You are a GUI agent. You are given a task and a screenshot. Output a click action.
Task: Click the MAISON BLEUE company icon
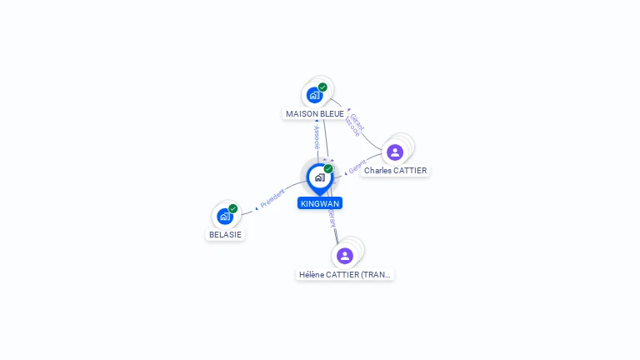[x=314, y=94]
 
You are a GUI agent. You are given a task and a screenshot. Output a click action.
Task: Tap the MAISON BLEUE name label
[x=315, y=113]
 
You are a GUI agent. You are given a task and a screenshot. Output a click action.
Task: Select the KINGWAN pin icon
[x=319, y=177]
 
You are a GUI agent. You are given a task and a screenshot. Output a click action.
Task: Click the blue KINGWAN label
[x=320, y=203]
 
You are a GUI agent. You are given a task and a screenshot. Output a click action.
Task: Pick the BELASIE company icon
[x=224, y=216]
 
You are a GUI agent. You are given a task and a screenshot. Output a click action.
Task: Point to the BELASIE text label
[x=225, y=235]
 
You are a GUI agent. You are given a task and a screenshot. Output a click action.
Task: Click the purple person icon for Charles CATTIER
[x=395, y=152]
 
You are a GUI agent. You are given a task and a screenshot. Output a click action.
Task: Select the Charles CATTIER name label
[x=395, y=171]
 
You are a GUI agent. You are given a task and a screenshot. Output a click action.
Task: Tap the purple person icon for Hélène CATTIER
[x=345, y=255]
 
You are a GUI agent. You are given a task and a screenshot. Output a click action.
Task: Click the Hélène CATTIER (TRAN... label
[x=345, y=274]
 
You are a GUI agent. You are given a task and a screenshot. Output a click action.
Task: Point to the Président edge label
[x=272, y=198]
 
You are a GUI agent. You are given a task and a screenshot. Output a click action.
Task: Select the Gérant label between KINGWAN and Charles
[x=357, y=167]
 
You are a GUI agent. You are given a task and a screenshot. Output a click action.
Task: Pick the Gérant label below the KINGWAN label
[x=332, y=218]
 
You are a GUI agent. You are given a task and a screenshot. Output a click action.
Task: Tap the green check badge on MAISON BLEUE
[x=322, y=87]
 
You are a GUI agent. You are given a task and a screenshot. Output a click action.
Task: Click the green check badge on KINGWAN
[x=328, y=168]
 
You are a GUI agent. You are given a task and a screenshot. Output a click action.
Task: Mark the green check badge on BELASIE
[x=233, y=208]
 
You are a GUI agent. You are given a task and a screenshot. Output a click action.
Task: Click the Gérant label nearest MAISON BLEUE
[x=356, y=123]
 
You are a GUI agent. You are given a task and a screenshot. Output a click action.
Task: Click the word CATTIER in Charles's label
[x=409, y=171]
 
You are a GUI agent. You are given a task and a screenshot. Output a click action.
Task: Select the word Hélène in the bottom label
[x=313, y=274]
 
